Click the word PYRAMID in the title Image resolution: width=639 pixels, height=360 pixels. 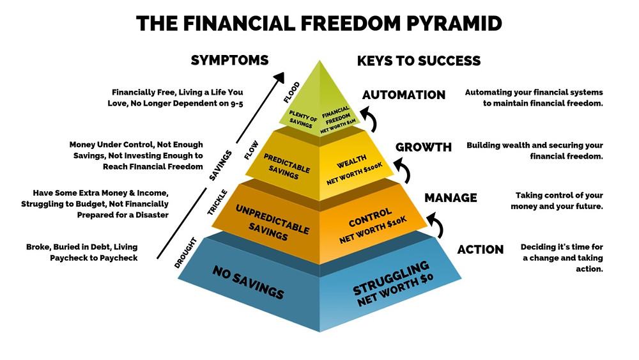454,23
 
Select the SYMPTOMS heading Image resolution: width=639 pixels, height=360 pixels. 230,60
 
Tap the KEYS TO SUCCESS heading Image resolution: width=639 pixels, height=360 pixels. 419,61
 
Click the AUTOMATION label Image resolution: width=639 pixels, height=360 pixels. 404,95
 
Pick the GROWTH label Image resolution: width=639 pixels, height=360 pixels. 424,147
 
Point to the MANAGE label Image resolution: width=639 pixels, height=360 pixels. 450,198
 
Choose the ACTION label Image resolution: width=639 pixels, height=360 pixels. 481,249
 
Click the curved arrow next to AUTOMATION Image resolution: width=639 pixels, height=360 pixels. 369,118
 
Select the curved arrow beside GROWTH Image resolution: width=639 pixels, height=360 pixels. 403,169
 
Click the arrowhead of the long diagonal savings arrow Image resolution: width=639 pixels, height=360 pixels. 279,77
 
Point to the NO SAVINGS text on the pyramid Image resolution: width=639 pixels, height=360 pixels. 248,282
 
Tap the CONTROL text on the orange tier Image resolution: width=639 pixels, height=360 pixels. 369,217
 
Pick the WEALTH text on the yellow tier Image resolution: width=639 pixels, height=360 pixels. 351,161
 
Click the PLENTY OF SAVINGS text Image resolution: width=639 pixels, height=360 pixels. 302,119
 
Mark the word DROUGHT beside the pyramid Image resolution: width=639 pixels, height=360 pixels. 185,253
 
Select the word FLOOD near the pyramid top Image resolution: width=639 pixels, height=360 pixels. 292,93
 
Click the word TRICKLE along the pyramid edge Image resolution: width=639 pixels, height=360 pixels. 217,202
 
